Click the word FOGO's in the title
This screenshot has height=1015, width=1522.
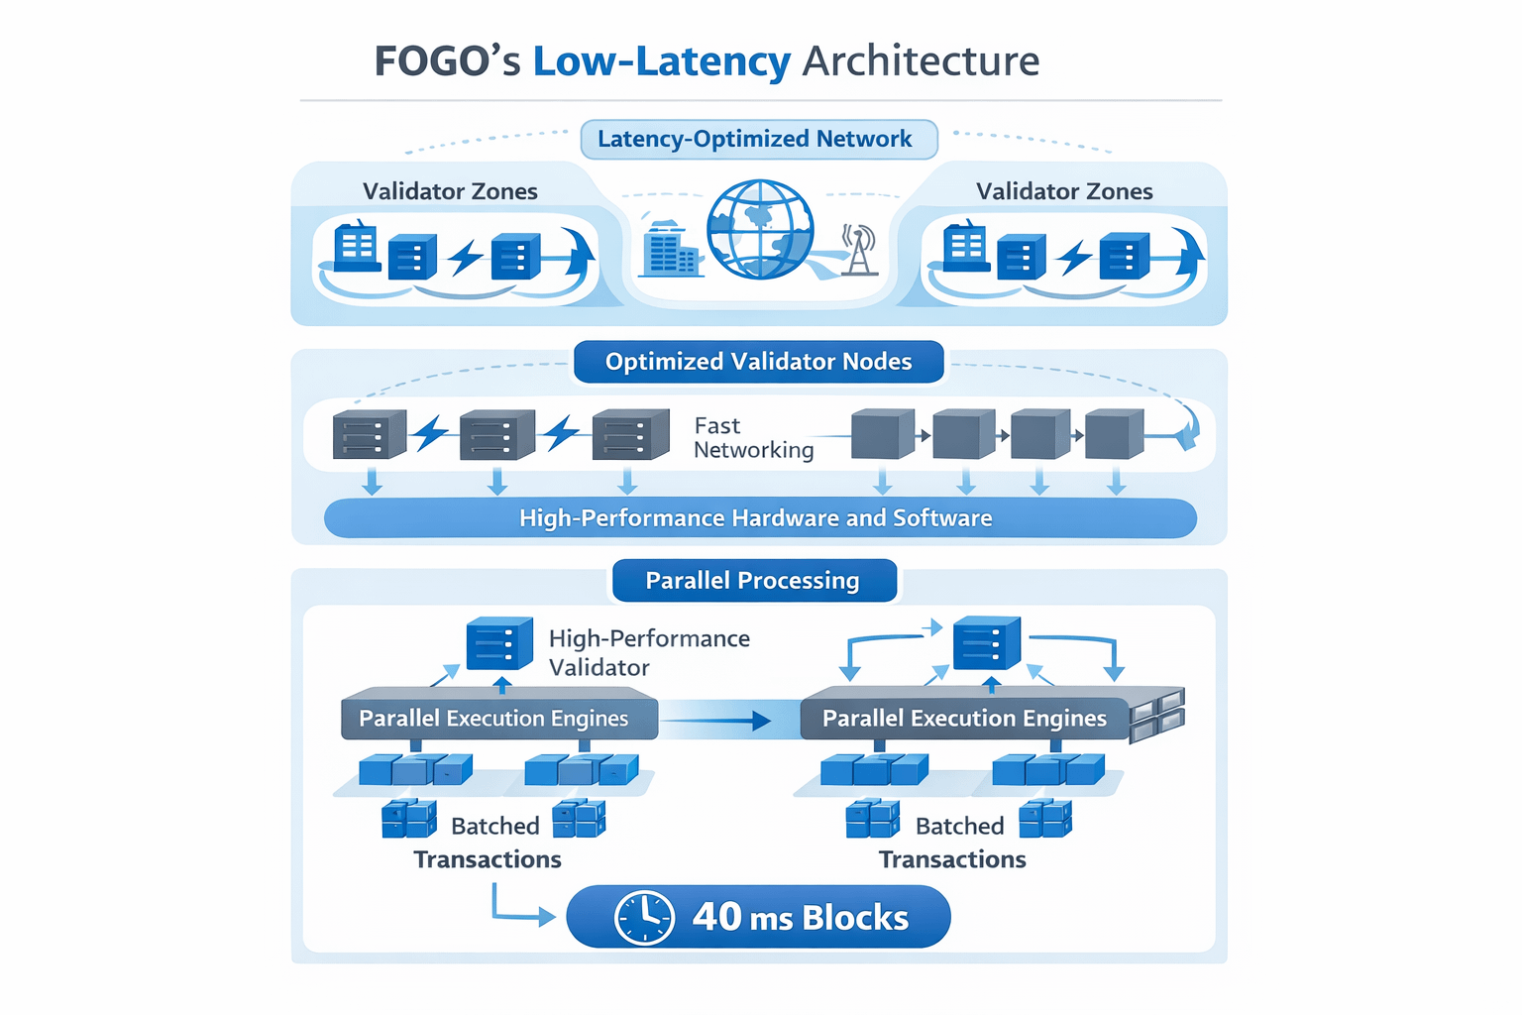coord(447,61)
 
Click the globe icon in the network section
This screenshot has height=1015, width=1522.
coord(760,229)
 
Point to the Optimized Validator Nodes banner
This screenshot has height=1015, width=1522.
coord(758,362)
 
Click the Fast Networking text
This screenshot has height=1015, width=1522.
coord(753,438)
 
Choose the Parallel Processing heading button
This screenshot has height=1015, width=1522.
coord(754,581)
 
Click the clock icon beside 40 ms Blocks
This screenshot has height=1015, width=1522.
coord(644,917)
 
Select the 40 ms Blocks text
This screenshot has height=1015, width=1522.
coord(801,917)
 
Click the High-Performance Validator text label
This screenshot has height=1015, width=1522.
coord(649,652)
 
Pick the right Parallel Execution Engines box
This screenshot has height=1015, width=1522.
coord(964,718)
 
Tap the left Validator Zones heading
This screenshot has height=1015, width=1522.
coord(450,191)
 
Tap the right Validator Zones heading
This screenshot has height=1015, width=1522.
coord(1064,191)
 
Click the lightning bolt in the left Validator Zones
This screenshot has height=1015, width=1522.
coord(465,258)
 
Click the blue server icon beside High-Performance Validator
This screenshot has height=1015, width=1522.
coord(499,644)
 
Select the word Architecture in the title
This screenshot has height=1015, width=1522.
coord(921,61)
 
